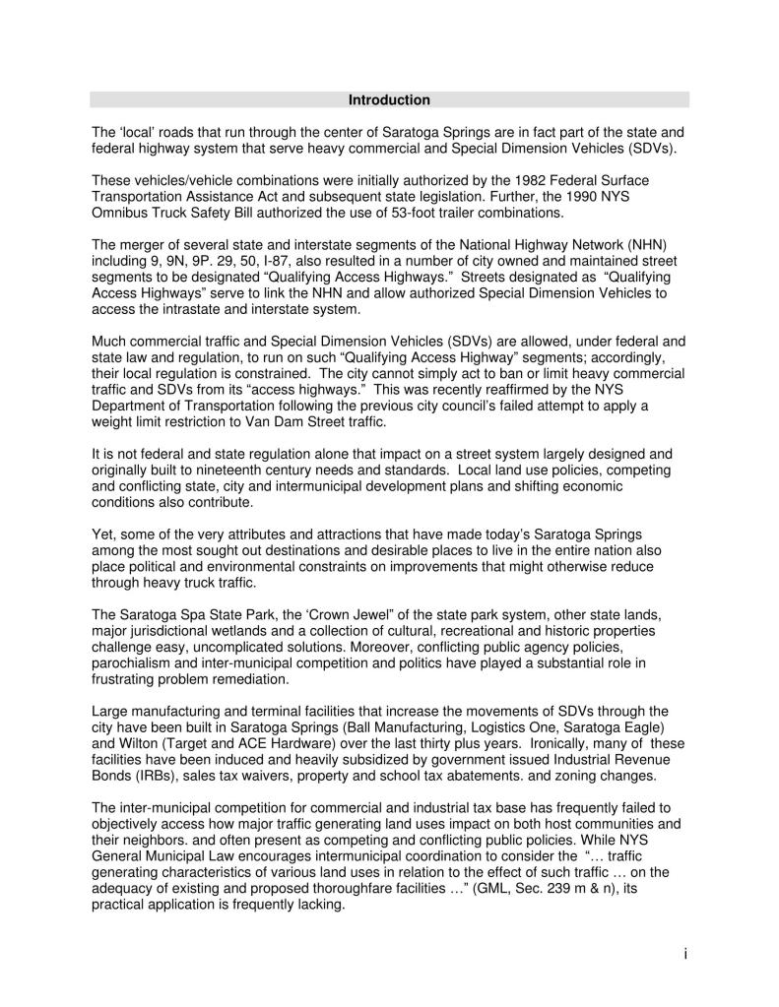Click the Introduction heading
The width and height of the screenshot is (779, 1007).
[x=389, y=100]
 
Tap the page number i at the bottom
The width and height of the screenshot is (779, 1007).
[x=683, y=952]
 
